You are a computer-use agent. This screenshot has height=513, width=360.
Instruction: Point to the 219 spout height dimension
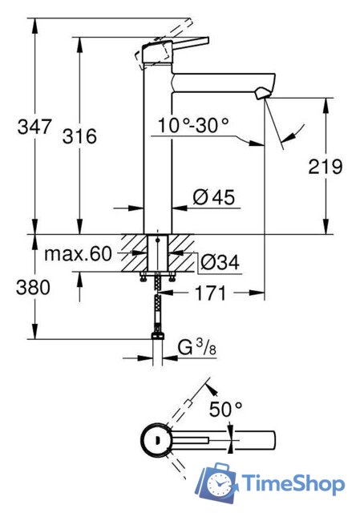[x=325, y=167]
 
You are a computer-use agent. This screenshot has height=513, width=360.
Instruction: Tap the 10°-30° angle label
[x=193, y=125]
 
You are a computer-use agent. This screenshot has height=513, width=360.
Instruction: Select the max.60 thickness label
[x=76, y=255]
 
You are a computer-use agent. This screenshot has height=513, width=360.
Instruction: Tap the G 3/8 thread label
[x=195, y=348]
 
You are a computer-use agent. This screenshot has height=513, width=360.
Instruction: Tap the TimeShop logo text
[x=293, y=483]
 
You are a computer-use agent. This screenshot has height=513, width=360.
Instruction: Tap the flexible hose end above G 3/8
[x=158, y=337]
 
